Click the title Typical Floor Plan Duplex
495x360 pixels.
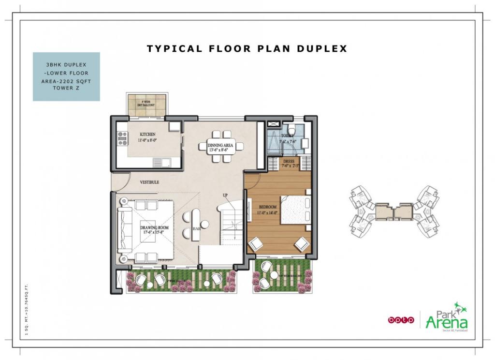247,48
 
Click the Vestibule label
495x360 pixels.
150,182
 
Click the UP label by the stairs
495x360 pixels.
225,195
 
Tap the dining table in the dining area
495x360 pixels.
220,145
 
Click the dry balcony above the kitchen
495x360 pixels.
147,105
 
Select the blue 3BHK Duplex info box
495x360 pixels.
66,76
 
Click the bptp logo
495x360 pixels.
401,320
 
